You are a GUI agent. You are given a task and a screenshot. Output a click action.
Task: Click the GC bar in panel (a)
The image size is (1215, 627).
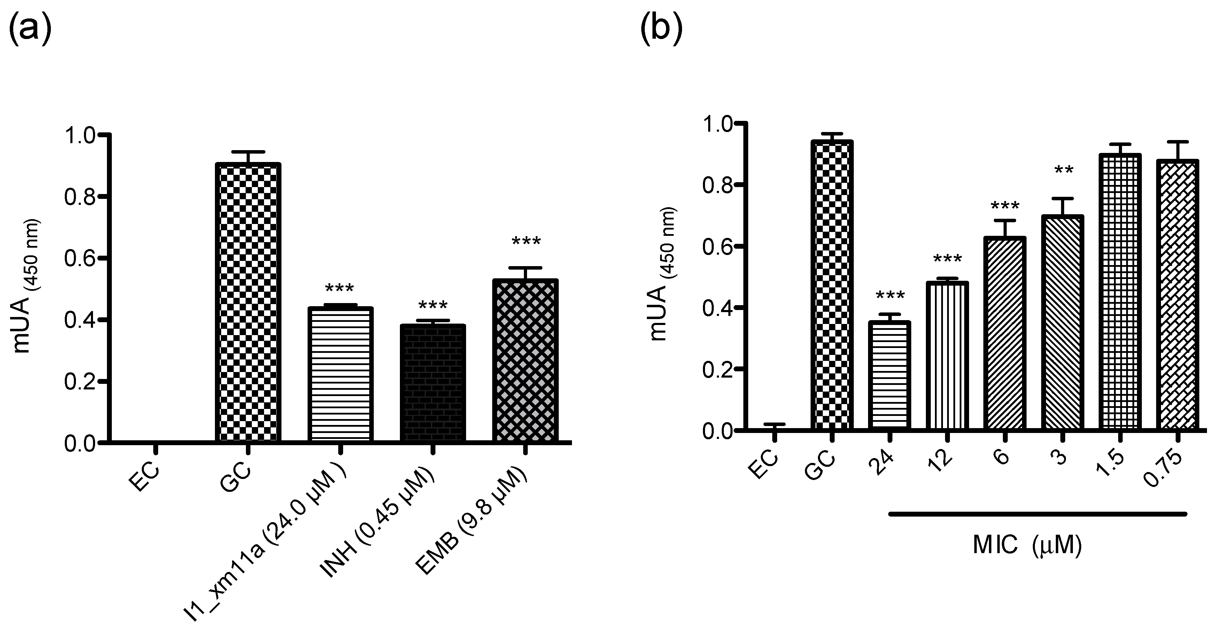point(248,302)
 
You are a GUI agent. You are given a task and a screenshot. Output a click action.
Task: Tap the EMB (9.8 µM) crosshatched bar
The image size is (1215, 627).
point(525,361)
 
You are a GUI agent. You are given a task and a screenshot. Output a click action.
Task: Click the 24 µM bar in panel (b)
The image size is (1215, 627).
point(890,375)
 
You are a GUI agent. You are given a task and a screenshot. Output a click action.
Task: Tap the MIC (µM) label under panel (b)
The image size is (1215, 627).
point(1027,546)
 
